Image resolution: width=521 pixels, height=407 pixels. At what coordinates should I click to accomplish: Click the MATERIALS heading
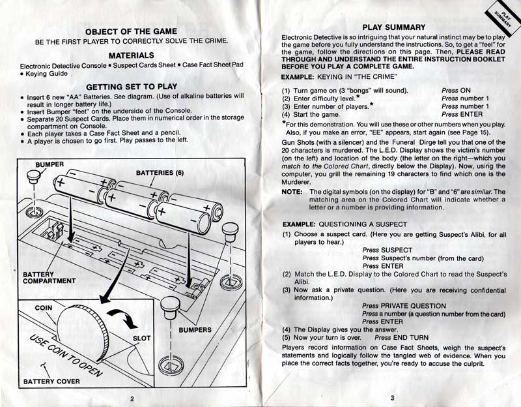(x=132, y=55)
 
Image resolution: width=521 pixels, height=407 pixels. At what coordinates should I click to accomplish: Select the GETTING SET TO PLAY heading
(x=132, y=86)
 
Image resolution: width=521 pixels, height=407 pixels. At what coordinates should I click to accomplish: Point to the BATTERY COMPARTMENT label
(x=49, y=278)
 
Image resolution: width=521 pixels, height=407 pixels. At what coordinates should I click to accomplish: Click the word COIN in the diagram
(x=44, y=307)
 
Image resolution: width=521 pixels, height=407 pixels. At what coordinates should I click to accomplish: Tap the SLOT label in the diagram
(x=141, y=339)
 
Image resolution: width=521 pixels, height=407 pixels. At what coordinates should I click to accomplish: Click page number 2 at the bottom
(x=131, y=398)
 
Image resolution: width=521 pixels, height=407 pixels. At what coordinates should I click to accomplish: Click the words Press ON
(x=456, y=90)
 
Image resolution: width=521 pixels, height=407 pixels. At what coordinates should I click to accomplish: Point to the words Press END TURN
(x=401, y=337)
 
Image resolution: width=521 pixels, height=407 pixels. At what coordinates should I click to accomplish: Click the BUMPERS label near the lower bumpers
(x=195, y=330)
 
